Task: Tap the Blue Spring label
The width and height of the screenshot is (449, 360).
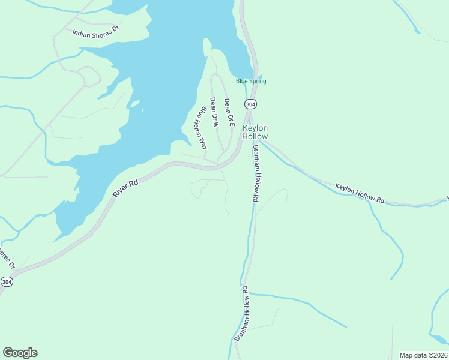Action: tap(251, 81)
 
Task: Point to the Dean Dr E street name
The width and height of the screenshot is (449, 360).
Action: tap(228, 113)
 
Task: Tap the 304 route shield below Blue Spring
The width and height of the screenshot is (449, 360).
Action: tap(250, 104)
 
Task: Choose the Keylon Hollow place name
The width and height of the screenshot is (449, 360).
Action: tap(255, 133)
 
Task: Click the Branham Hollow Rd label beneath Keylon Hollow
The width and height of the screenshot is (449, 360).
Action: tap(256, 173)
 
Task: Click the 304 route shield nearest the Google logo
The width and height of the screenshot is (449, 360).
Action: tap(7, 281)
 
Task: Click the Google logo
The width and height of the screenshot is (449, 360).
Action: tap(20, 353)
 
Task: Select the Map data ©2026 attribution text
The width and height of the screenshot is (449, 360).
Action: tap(424, 355)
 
